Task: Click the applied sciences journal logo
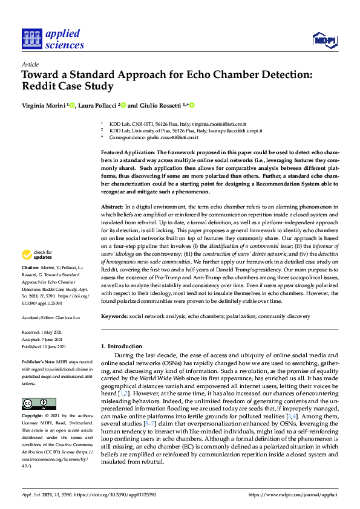pos(52,38)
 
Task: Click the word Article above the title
pos(30,64)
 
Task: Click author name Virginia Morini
pos(43,105)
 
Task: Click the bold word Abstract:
pos(113,207)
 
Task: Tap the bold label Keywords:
pos(114,316)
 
